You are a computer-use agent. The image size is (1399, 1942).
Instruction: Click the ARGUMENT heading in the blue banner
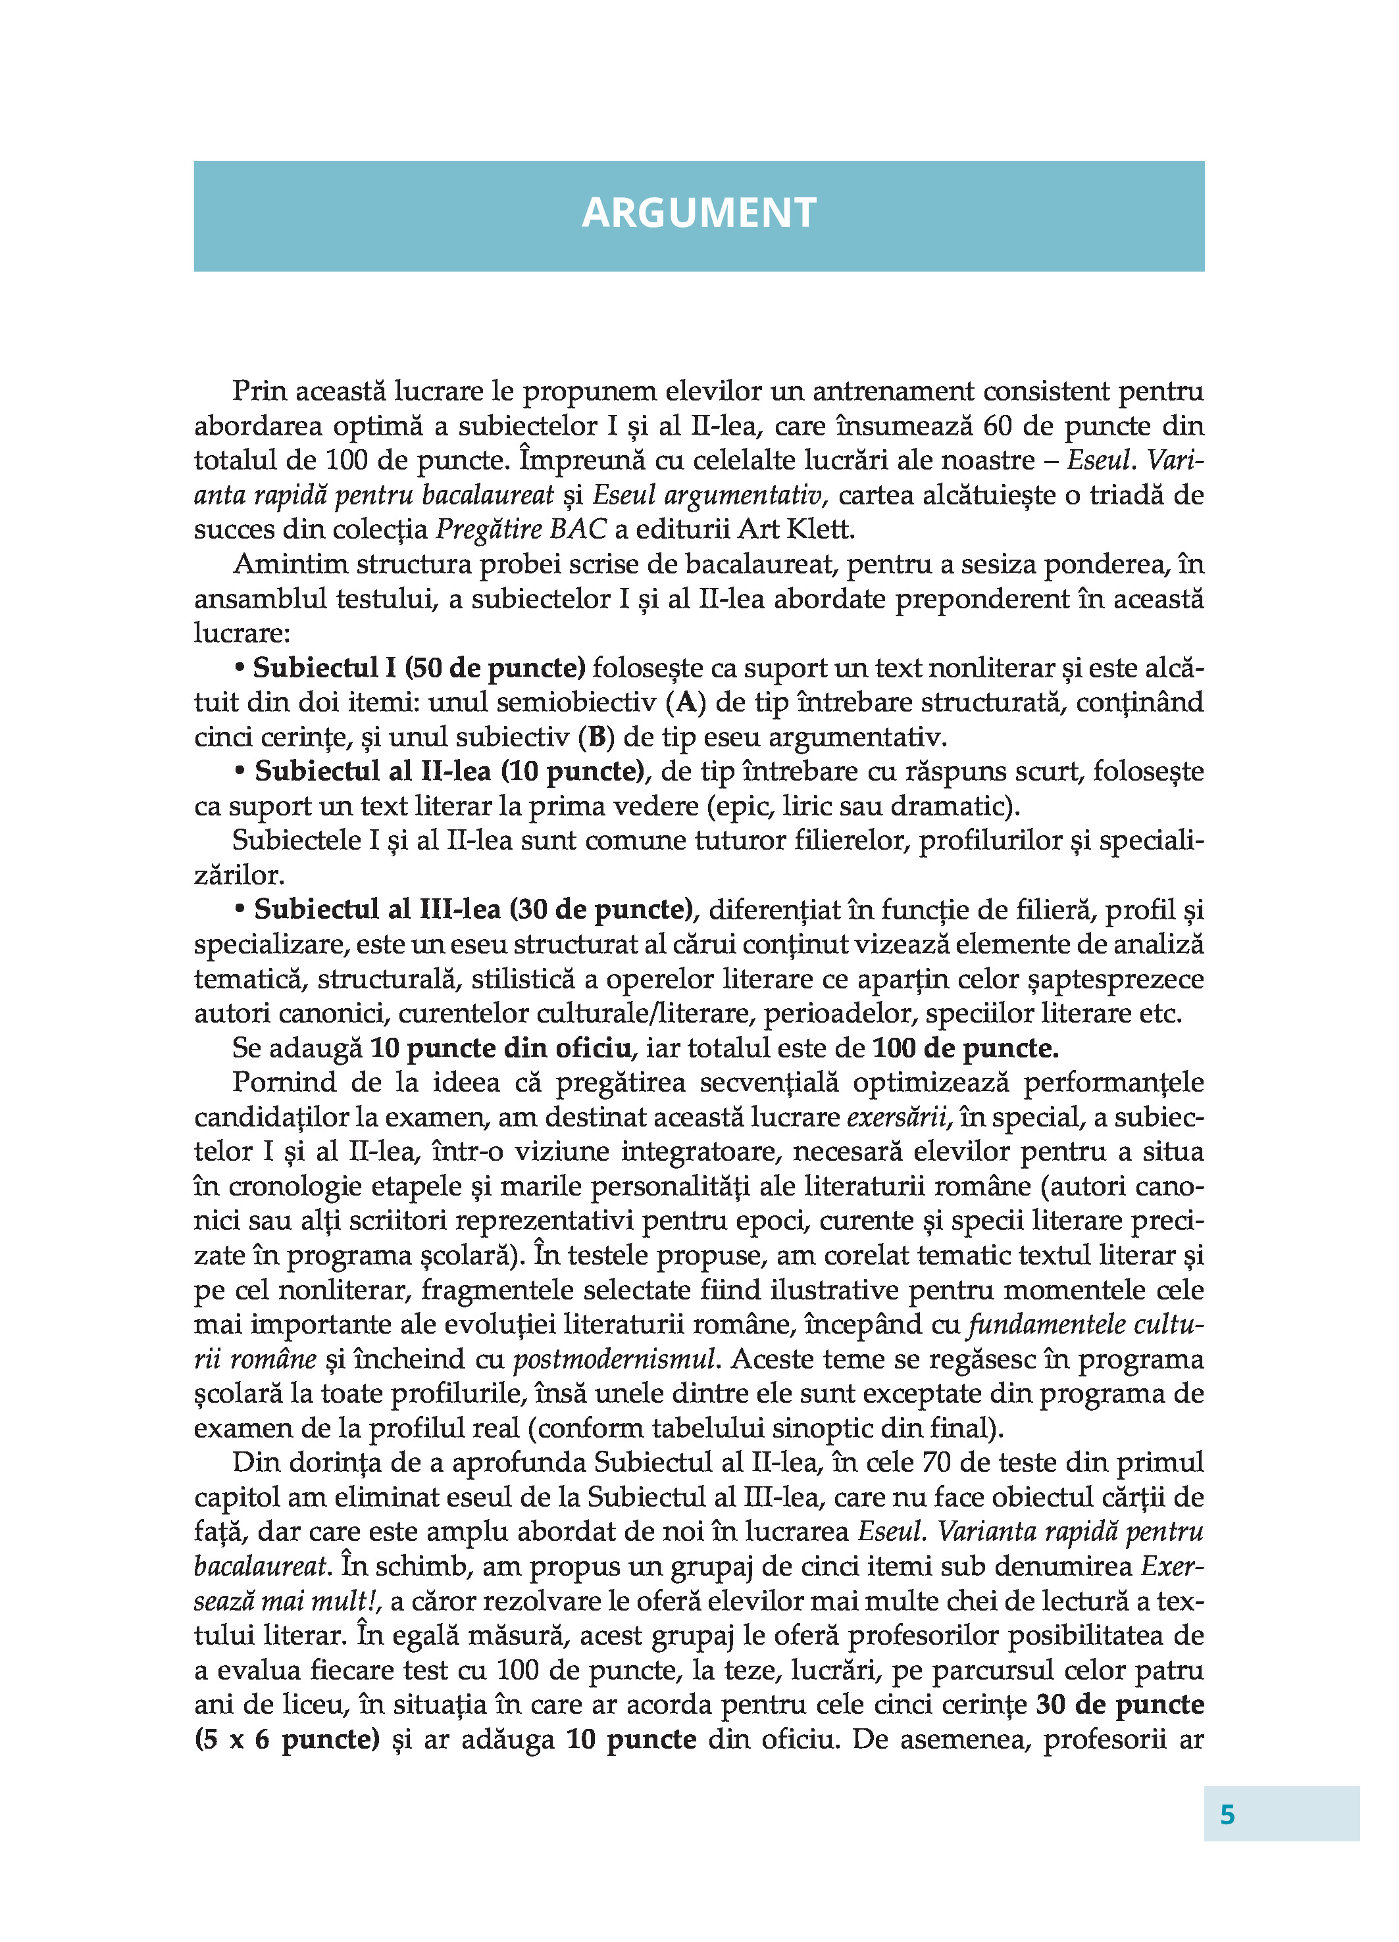698,213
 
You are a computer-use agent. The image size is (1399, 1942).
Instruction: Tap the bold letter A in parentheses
686,703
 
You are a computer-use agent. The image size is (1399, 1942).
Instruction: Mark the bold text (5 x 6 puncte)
287,1739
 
